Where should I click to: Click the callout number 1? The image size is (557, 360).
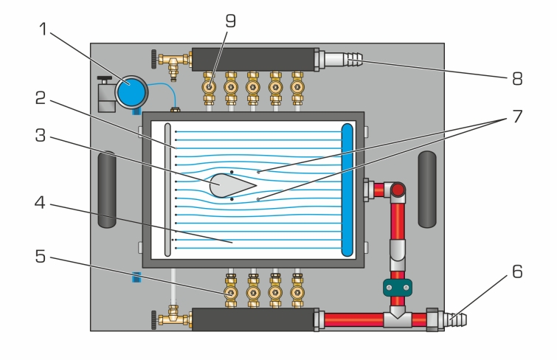click(x=43, y=30)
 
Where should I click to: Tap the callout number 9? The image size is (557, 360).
click(x=230, y=21)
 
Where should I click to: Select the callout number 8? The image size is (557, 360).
click(x=517, y=78)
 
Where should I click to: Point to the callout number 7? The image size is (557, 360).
click(x=517, y=117)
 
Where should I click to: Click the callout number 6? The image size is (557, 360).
click(x=517, y=271)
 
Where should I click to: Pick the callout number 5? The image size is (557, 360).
click(x=41, y=257)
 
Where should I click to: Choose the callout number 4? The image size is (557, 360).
click(x=40, y=203)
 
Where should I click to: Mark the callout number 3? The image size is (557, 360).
click(x=41, y=136)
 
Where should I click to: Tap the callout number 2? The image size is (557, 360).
click(x=41, y=98)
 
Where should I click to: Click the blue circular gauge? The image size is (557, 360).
click(x=131, y=92)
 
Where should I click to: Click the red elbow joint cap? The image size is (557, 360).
click(x=398, y=190)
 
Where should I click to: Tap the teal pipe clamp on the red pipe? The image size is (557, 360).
click(x=398, y=288)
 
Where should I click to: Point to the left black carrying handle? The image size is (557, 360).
click(x=107, y=190)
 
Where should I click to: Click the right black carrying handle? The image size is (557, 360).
click(x=427, y=190)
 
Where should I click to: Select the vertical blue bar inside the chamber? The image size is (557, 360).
click(x=347, y=190)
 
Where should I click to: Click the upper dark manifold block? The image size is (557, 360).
click(x=253, y=59)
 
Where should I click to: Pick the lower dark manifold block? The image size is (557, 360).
click(x=253, y=319)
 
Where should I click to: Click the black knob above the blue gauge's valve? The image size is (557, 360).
click(x=105, y=78)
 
